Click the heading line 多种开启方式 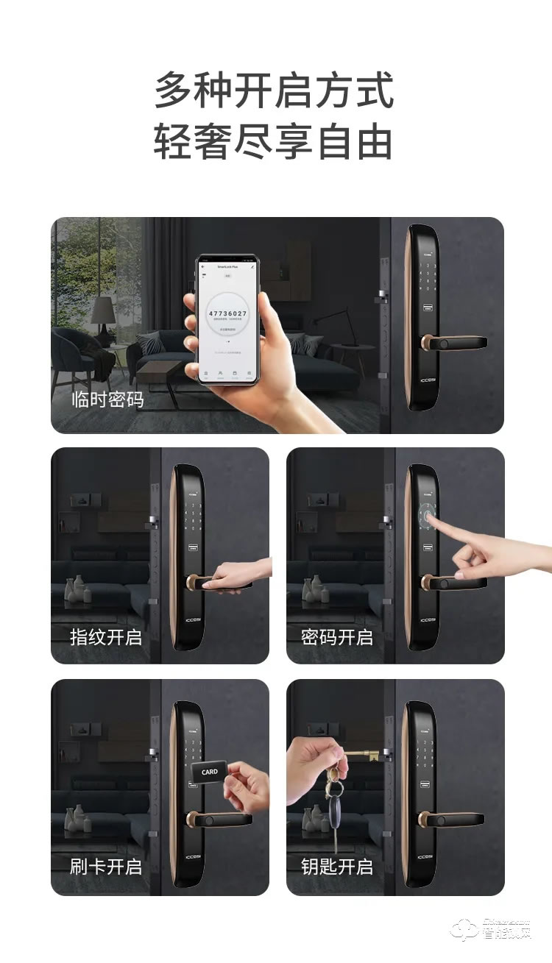coord(274,91)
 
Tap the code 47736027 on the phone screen coord(227,313)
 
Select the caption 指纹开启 coord(106,636)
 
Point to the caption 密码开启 coord(337,636)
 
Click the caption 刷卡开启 coord(106,867)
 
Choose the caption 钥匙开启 coord(337,867)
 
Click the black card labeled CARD coord(210,772)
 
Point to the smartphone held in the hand coord(227,319)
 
